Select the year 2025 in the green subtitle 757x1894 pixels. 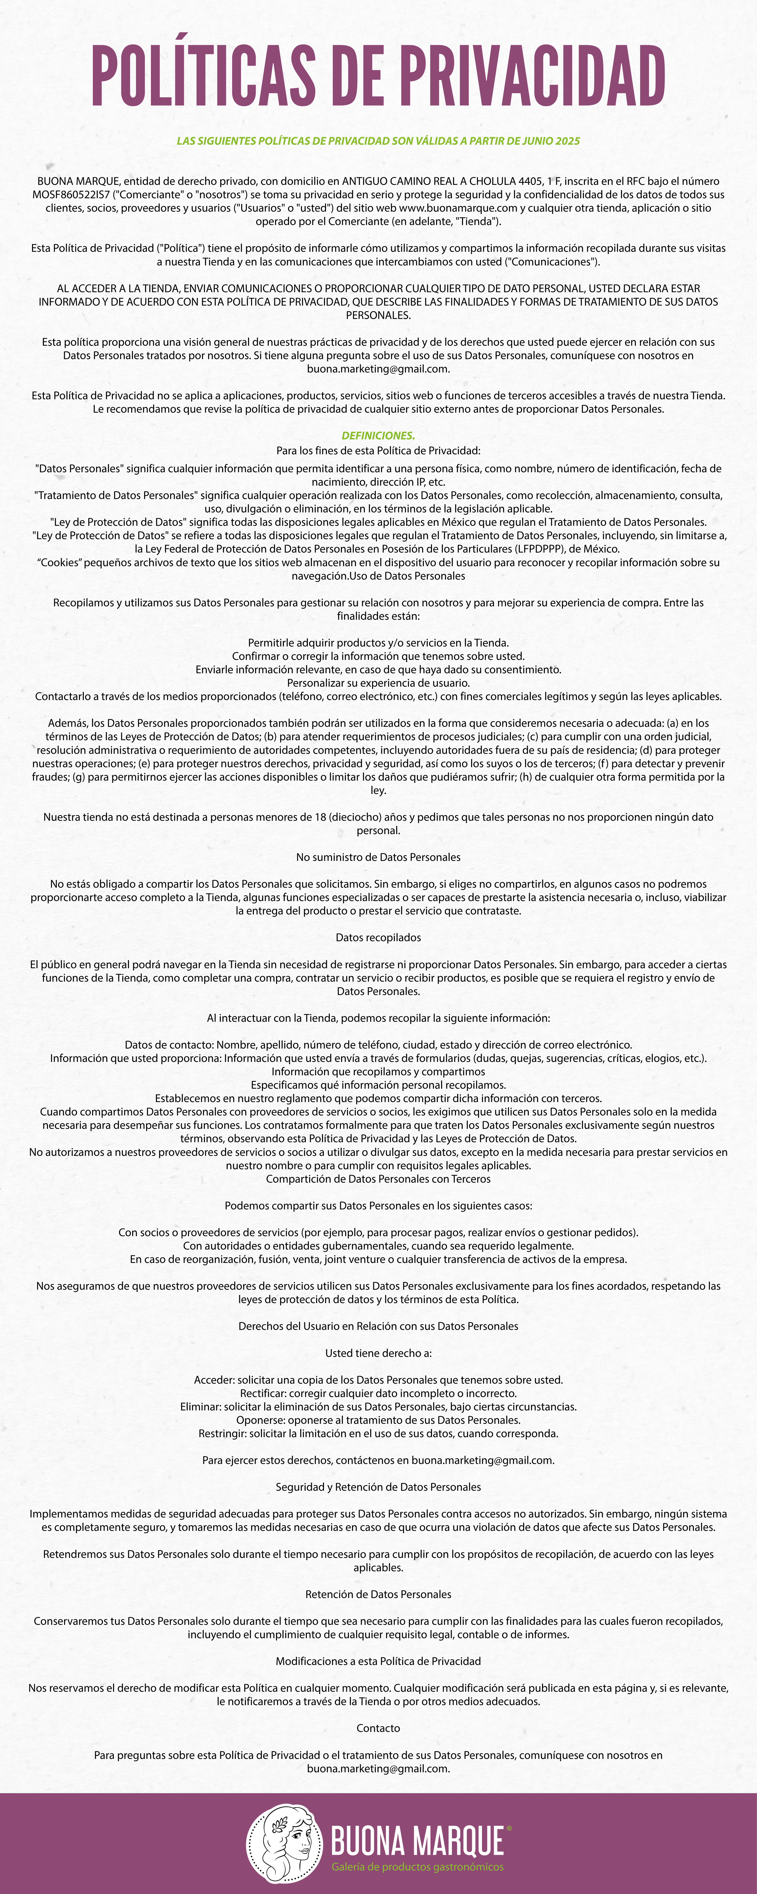pos(567,140)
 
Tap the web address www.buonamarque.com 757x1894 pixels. pos(458,208)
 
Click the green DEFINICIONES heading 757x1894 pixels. pos(378,435)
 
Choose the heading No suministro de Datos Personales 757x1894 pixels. pos(378,857)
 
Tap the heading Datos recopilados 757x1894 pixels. pos(378,937)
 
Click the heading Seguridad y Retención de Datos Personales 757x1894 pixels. pos(378,1487)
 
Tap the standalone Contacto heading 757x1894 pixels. pos(378,1728)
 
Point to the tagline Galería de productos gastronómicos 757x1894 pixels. pos(417,1867)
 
